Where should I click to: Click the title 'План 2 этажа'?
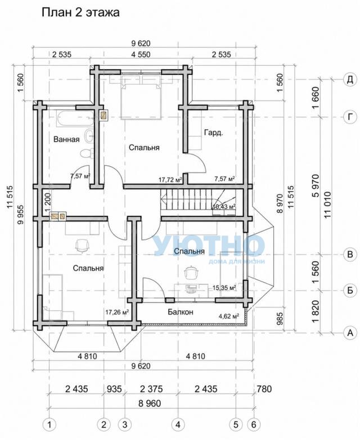(x=80, y=12)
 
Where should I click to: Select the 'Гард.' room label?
(x=213, y=133)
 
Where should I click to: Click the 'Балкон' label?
(x=181, y=312)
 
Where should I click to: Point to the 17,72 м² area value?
(x=170, y=179)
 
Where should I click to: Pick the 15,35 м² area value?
(x=224, y=288)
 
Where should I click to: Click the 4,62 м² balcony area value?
(x=229, y=316)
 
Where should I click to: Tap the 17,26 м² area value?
(x=117, y=312)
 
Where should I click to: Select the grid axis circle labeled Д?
(x=350, y=80)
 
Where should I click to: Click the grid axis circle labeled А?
(x=350, y=333)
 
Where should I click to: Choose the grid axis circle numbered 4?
(x=178, y=425)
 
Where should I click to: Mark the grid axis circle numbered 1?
(x=49, y=425)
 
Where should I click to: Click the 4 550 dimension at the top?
(x=141, y=54)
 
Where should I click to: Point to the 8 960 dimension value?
(x=150, y=403)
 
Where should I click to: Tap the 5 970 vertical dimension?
(x=316, y=185)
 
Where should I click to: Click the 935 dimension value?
(x=114, y=389)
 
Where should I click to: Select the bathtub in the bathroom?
(x=74, y=118)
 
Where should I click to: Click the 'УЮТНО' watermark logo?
(x=209, y=246)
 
